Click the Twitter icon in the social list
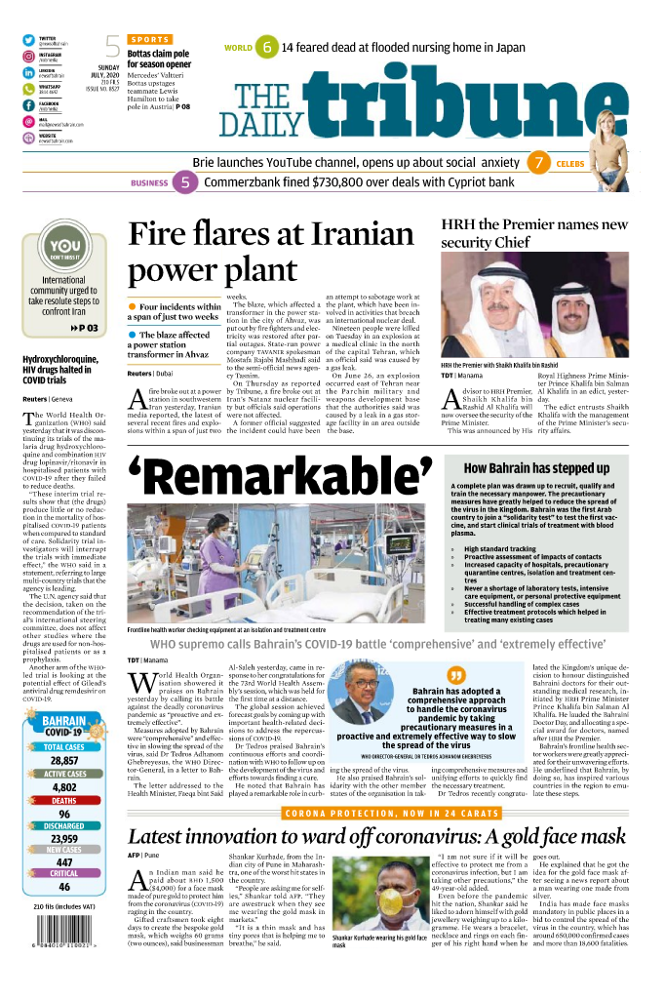[x=29, y=40]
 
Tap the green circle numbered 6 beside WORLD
[x=264, y=47]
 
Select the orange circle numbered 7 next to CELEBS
[x=537, y=163]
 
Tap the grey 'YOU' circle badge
[x=63, y=249]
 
